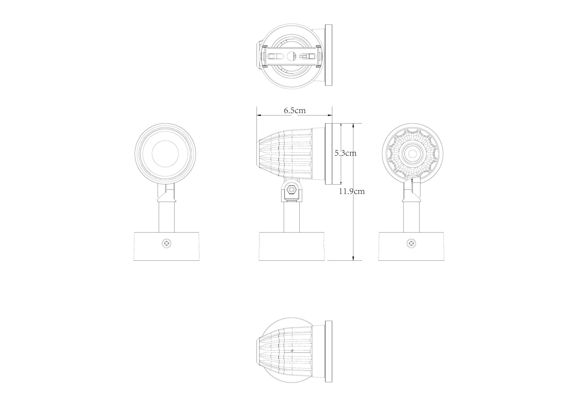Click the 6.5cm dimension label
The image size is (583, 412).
click(x=295, y=111)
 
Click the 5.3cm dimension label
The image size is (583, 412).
click(x=345, y=153)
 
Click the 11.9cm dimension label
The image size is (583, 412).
click(x=352, y=191)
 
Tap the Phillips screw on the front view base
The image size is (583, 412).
click(x=167, y=243)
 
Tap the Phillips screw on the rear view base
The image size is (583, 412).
click(x=411, y=243)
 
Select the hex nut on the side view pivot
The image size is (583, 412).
click(x=291, y=190)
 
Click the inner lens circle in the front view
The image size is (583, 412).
click(x=165, y=154)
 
